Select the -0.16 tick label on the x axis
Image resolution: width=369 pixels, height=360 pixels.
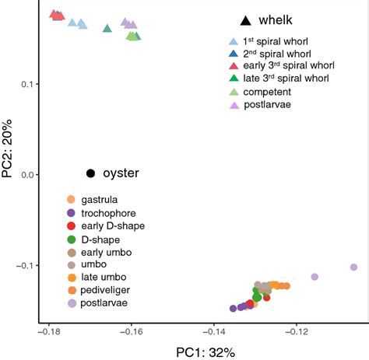point(131,331)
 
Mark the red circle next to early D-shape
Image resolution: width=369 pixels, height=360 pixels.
point(72,225)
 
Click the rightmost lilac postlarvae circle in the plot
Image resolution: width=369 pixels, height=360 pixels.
point(354,267)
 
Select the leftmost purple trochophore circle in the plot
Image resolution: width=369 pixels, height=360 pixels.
point(234,309)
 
